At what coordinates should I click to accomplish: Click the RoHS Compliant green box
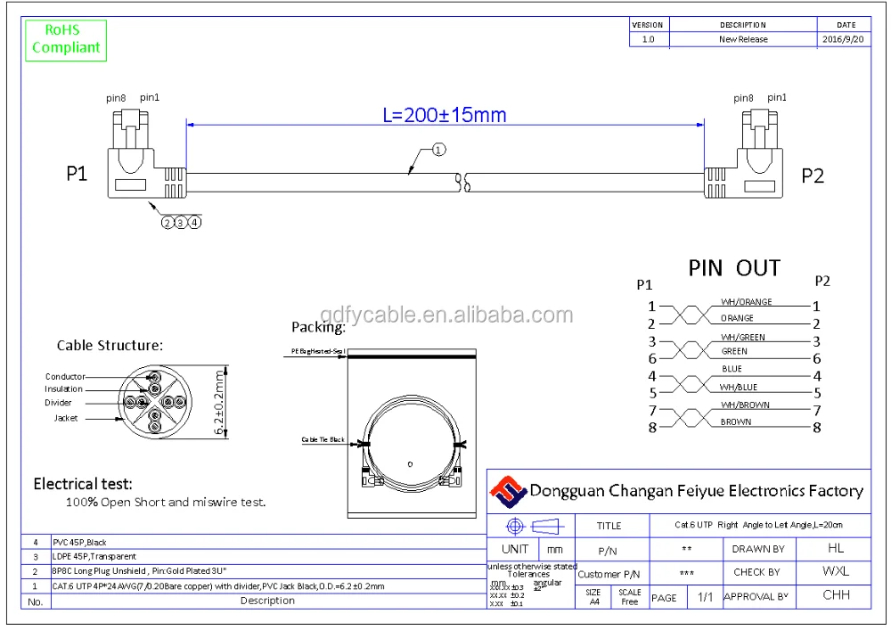(66, 38)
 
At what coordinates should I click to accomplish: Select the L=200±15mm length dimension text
(444, 115)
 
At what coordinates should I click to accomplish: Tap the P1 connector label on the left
(78, 174)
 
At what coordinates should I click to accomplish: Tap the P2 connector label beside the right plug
(813, 176)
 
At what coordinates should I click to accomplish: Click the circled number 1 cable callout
(438, 150)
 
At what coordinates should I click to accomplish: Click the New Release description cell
(743, 39)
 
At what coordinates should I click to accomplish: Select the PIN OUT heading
(734, 268)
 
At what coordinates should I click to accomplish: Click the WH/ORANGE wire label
(746, 302)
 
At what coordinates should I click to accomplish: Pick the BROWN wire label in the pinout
(736, 422)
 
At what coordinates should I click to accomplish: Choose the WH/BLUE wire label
(739, 388)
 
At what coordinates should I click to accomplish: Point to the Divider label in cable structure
(59, 403)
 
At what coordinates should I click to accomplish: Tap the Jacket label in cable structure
(65, 418)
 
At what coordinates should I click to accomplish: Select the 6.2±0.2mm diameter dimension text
(220, 403)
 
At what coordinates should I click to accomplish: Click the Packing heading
(318, 327)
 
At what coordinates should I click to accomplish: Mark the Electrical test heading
(83, 484)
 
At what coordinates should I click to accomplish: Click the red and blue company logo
(508, 491)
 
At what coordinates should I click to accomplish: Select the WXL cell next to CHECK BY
(835, 572)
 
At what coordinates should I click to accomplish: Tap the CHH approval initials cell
(835, 595)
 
